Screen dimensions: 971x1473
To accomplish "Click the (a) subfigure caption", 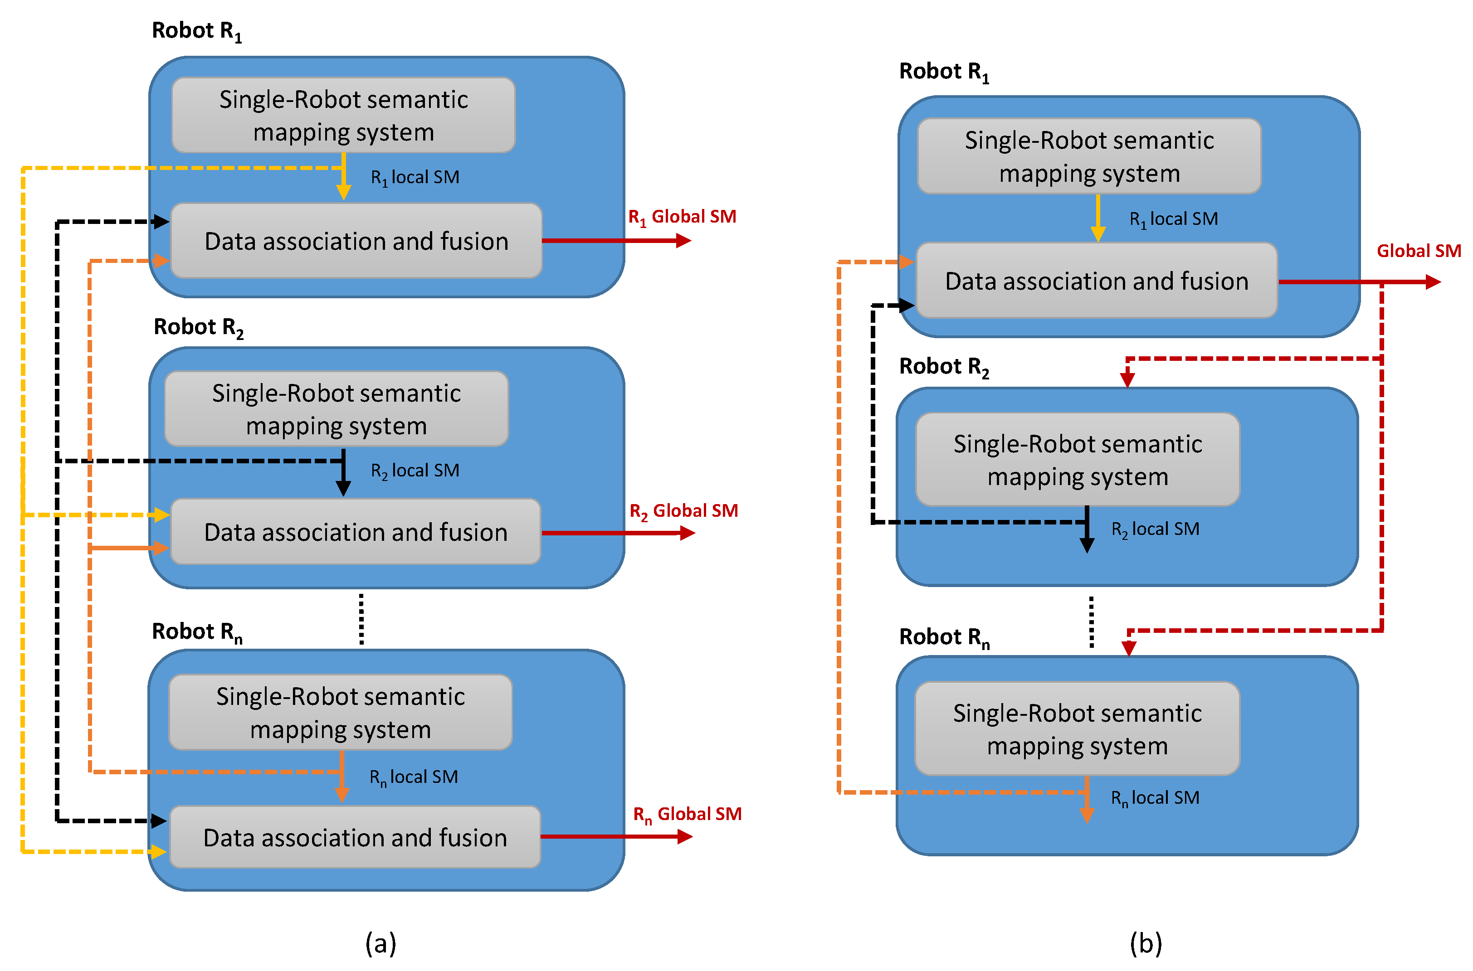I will tap(380, 943).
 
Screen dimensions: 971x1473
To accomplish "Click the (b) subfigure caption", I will tap(1145, 943).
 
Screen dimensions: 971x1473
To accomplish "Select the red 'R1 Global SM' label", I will tap(682, 217).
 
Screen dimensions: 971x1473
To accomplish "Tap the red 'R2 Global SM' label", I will tap(683, 511).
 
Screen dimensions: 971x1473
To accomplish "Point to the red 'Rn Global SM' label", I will tap(687, 815).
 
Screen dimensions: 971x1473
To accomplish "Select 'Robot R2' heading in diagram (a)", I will tap(198, 328).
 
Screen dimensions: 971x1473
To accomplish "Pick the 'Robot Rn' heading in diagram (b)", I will tap(944, 637).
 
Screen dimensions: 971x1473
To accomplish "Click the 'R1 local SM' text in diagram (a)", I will tap(415, 178).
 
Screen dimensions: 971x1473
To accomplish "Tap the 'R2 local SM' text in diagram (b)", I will tap(1155, 529).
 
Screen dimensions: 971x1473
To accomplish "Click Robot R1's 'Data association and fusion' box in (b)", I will tap(1097, 281).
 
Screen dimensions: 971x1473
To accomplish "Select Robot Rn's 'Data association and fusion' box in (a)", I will tap(355, 837).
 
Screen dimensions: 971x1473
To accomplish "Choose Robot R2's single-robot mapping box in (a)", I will tap(337, 409).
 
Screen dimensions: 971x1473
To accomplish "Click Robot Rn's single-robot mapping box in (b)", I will tap(1077, 729).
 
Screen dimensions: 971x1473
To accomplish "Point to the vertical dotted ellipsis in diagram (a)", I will tap(361, 619).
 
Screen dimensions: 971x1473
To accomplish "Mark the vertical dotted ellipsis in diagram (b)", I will tap(1092, 622).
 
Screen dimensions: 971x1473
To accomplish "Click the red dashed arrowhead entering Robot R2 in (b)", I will tap(1127, 379).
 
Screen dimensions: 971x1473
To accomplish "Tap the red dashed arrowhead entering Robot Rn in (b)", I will tap(1129, 648).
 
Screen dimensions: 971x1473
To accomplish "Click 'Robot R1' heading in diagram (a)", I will tap(197, 31).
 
